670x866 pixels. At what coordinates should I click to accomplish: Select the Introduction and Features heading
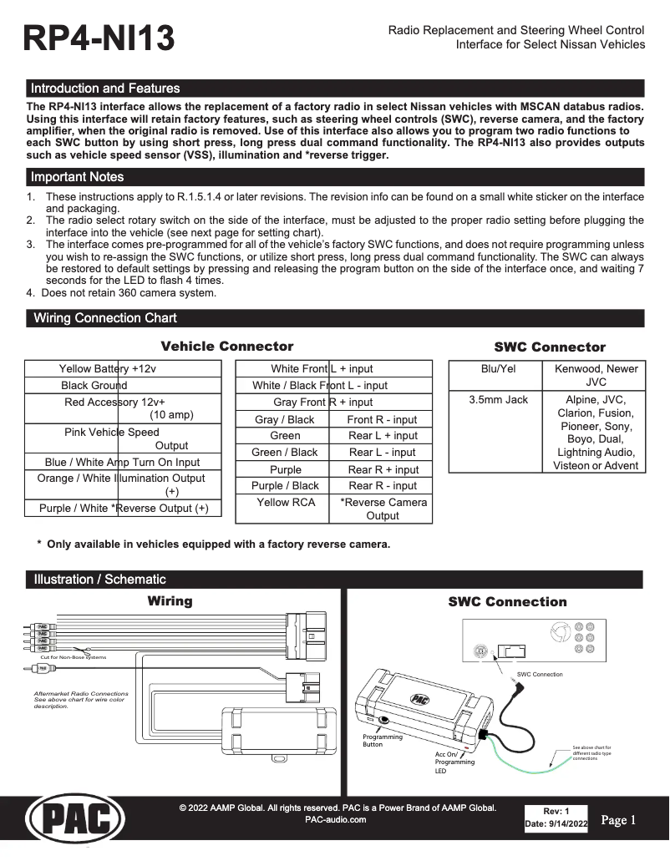pyautogui.click(x=105, y=89)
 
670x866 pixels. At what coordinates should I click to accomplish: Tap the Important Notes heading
pyautogui.click(x=77, y=177)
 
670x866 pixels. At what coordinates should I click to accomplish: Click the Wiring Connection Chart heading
pyautogui.click(x=104, y=318)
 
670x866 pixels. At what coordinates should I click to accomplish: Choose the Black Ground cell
pyautogui.click(x=94, y=386)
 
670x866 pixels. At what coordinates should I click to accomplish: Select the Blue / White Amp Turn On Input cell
pyautogui.click(x=122, y=462)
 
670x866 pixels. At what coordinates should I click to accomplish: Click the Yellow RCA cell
pyautogui.click(x=286, y=503)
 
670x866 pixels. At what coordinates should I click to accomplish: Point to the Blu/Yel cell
pyautogui.click(x=499, y=369)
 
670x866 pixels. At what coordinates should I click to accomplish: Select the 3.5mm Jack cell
pyautogui.click(x=499, y=400)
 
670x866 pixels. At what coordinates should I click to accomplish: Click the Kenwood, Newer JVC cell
pyautogui.click(x=596, y=375)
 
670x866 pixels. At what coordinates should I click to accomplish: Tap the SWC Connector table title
pyautogui.click(x=549, y=347)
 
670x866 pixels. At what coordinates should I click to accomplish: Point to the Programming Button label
pyautogui.click(x=382, y=741)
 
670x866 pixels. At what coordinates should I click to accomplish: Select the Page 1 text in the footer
pyautogui.click(x=618, y=820)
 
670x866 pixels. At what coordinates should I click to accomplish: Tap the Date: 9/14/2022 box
pyautogui.click(x=556, y=824)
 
